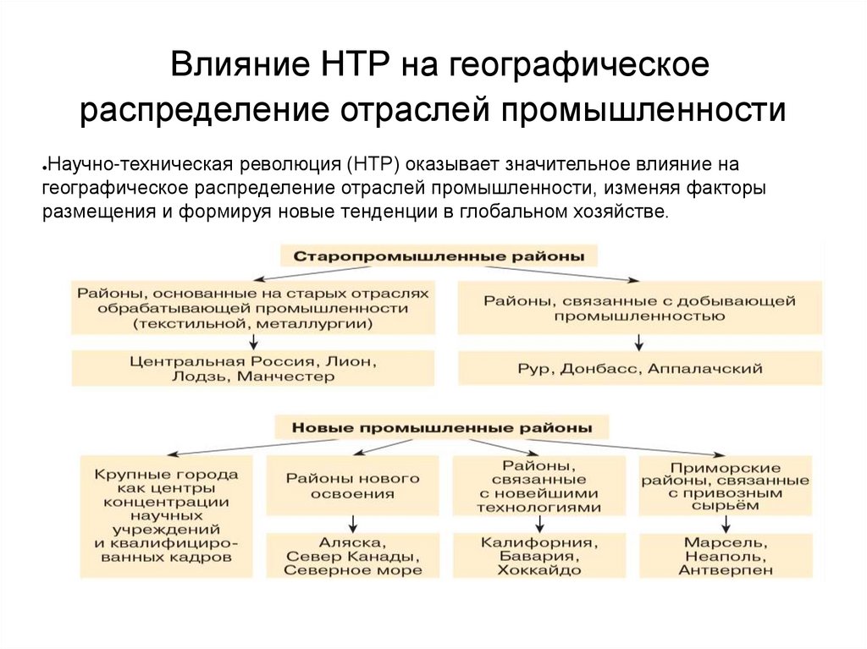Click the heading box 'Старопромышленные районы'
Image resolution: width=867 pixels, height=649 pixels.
pos(438,255)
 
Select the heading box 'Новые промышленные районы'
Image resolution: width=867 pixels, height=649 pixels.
pos(441,428)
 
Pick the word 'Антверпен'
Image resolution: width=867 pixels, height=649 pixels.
pos(726,570)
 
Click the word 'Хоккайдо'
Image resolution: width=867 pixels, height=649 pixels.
pos(539,570)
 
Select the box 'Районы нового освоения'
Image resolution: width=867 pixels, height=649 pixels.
pos(353,486)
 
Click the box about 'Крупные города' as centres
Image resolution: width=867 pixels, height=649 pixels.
pos(167,516)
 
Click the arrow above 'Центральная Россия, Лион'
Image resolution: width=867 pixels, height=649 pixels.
pos(253,341)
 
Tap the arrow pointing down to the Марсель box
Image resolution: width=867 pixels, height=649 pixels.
pos(726,523)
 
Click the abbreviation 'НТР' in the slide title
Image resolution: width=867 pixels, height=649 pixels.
pos(355,66)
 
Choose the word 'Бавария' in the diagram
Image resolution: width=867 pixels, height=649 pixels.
pos(539,556)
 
